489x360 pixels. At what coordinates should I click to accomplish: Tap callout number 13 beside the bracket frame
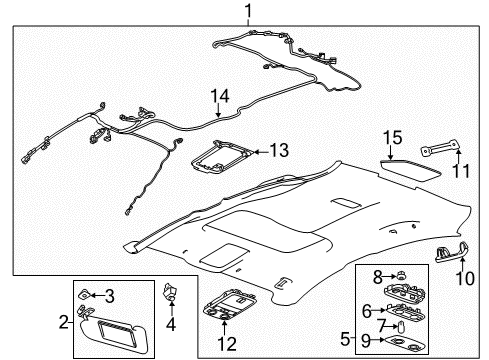[281, 151]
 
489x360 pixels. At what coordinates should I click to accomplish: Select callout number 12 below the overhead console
[228, 343]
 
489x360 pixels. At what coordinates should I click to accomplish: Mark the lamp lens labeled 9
[396, 340]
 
